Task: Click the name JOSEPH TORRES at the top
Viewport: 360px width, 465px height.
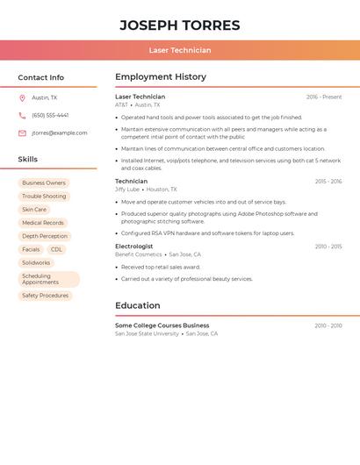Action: click(x=180, y=25)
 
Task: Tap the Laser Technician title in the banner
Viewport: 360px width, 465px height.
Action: click(x=180, y=51)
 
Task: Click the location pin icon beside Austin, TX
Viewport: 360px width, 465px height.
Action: click(x=22, y=98)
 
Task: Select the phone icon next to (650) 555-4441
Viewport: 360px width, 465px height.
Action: click(x=22, y=116)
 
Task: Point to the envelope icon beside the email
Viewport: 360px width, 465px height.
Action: click(x=22, y=133)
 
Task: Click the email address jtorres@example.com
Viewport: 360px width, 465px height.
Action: click(x=60, y=133)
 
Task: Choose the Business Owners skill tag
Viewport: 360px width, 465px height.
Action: click(x=44, y=183)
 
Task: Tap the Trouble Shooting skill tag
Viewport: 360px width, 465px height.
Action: click(x=44, y=197)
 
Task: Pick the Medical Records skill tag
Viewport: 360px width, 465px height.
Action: click(x=43, y=223)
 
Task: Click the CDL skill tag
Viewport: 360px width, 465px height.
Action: click(x=56, y=250)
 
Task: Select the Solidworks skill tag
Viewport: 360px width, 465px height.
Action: click(x=36, y=263)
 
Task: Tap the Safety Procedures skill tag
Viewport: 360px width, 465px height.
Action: click(x=45, y=296)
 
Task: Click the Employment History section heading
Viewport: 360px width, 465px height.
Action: click(x=161, y=77)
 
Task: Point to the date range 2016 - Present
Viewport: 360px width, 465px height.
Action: click(x=324, y=97)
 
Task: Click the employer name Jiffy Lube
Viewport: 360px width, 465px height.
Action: click(x=127, y=190)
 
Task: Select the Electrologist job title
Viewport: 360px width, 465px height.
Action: click(x=134, y=247)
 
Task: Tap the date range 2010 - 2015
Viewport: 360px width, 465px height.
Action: click(x=328, y=247)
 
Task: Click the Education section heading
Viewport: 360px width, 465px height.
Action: click(x=138, y=306)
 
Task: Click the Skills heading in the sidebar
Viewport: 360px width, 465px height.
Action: click(x=28, y=160)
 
